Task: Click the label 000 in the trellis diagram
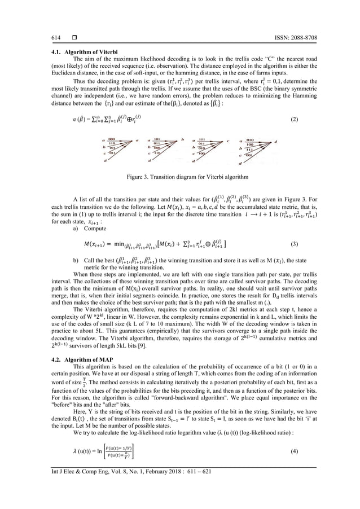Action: click(112, 139)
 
